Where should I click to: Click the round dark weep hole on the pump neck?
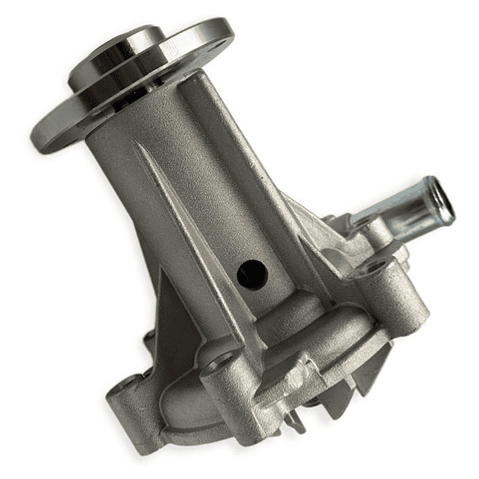click(x=252, y=273)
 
